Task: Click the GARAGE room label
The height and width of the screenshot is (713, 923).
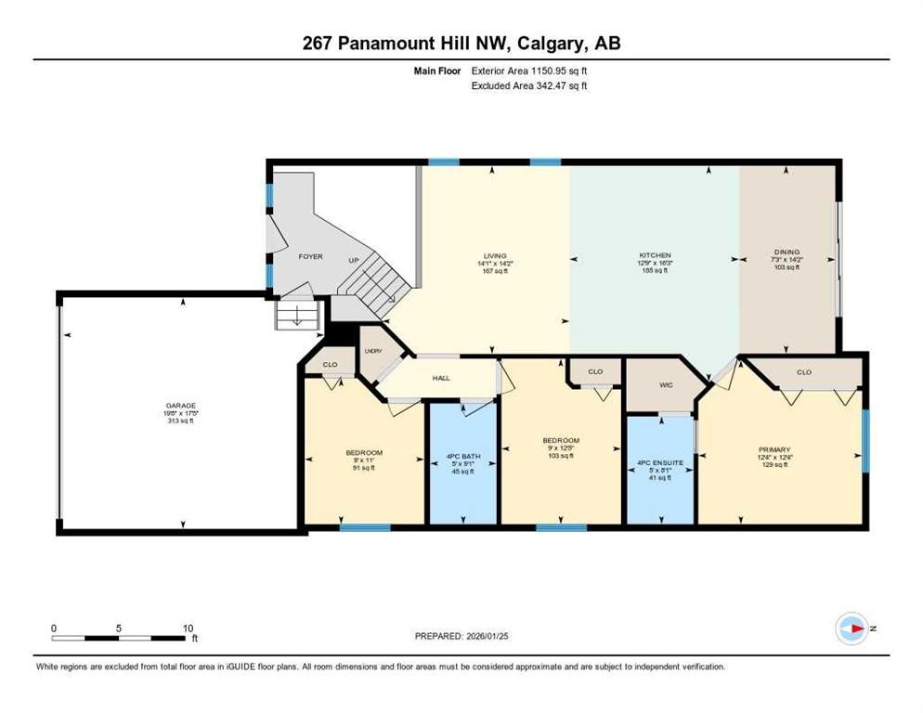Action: [x=181, y=405]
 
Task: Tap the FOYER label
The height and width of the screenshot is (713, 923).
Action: [x=310, y=256]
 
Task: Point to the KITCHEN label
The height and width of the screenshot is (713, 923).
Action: [x=654, y=255]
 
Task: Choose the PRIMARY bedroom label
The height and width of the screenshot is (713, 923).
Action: [x=773, y=449]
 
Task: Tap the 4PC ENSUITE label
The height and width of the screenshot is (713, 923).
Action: [x=660, y=461]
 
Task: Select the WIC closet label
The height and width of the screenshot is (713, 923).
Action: [x=666, y=384]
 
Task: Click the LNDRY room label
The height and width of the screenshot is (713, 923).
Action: [x=373, y=351]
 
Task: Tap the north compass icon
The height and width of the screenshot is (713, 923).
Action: [x=851, y=629]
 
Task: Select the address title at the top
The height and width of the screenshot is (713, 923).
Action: [x=461, y=43]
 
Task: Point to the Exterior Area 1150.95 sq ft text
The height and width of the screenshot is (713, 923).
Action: [x=529, y=70]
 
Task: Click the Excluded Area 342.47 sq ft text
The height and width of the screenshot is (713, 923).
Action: [x=529, y=85]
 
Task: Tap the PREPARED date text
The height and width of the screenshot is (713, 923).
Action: [x=461, y=636]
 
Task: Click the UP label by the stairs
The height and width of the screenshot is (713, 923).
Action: [x=353, y=261]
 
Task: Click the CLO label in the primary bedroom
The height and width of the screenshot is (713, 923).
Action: [x=803, y=372]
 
